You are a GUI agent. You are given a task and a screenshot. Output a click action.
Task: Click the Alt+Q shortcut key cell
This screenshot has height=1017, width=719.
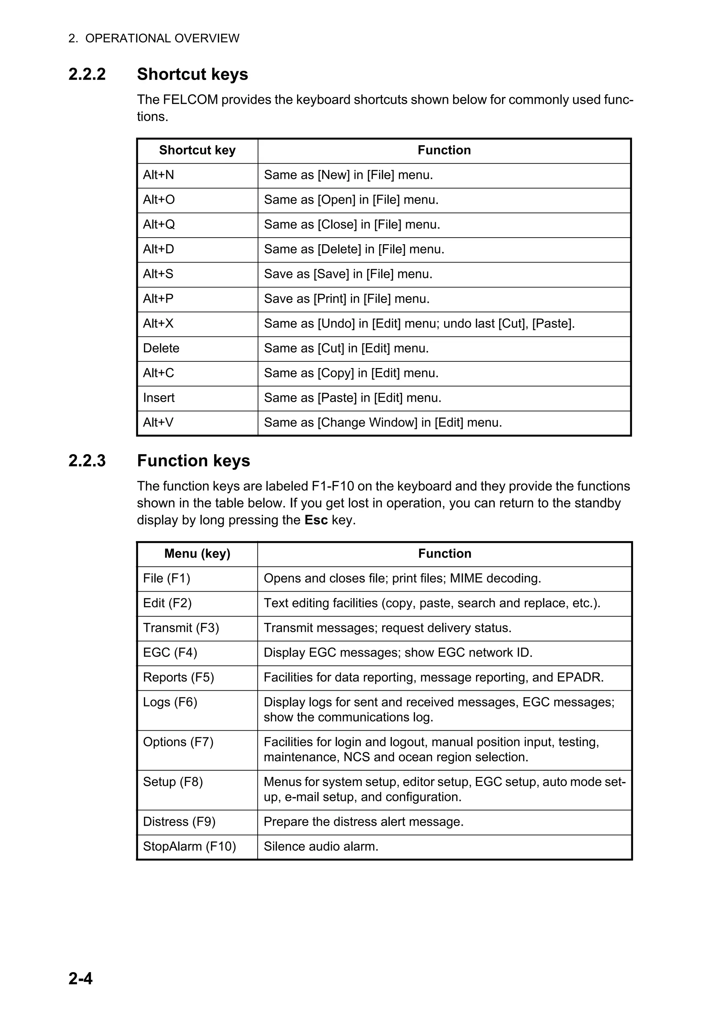[x=159, y=225]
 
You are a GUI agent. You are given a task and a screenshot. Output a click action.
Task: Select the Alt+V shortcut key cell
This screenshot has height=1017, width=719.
[x=158, y=423]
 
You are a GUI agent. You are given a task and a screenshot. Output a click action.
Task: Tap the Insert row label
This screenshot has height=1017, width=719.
[x=159, y=398]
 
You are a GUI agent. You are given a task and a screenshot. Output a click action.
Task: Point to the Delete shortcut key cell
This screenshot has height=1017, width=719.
[x=161, y=348]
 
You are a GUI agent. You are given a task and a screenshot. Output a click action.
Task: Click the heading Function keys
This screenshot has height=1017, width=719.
[x=193, y=461]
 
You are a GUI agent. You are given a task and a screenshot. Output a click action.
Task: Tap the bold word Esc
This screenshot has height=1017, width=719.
[x=316, y=520]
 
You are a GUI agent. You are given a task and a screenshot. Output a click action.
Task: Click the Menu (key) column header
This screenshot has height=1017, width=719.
[x=197, y=554]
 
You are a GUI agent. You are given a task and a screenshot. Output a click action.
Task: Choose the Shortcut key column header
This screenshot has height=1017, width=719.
[x=197, y=150]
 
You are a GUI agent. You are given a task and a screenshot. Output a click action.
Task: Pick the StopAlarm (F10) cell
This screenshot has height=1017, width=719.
[x=189, y=846]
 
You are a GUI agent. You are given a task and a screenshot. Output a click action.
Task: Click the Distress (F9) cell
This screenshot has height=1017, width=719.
[x=179, y=822]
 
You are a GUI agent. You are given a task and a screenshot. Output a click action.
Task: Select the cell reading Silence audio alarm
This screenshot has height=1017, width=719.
[x=321, y=846]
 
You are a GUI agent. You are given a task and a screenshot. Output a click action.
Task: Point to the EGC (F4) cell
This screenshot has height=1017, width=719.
[x=170, y=652]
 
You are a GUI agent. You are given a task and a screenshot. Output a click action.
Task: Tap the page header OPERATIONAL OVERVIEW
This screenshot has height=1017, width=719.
[x=162, y=39]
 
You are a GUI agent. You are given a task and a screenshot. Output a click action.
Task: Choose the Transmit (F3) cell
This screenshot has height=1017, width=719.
[x=181, y=628]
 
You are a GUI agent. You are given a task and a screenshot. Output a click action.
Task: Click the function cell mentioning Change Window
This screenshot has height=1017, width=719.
[x=383, y=423]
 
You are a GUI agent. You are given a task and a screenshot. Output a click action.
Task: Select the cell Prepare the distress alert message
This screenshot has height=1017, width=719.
[x=363, y=822]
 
